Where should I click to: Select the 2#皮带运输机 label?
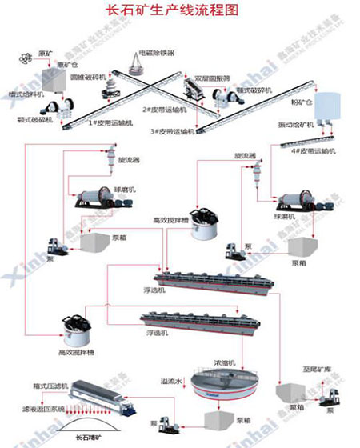tap(163, 110)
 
